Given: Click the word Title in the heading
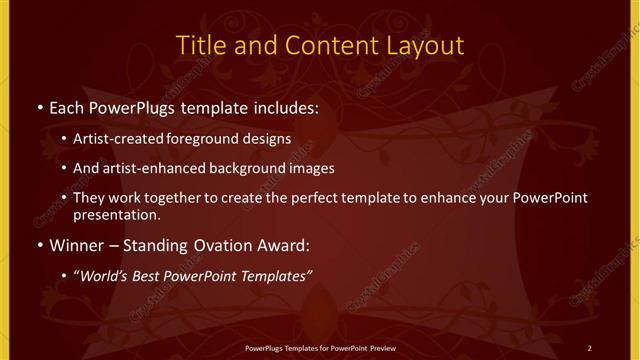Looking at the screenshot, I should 201,45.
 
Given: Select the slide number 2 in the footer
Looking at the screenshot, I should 589,347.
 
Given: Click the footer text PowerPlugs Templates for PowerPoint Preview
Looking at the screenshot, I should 319,347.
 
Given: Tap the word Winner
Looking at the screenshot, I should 75,243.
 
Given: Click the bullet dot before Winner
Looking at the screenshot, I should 39,244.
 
